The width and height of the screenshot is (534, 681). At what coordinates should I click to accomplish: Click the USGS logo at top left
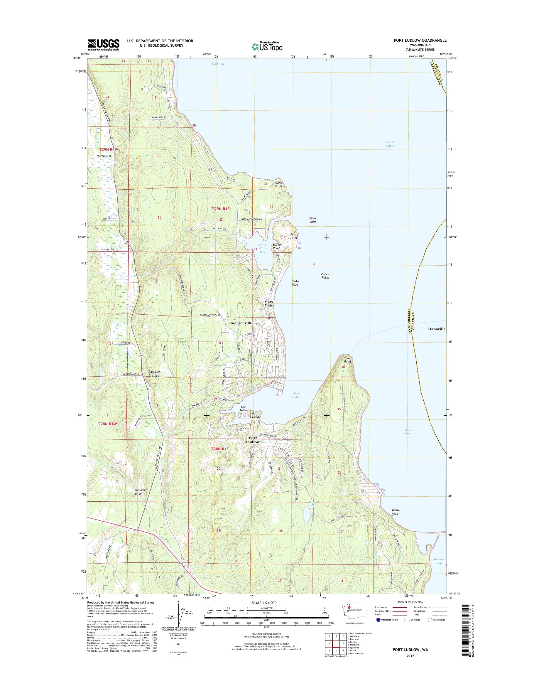tap(103, 45)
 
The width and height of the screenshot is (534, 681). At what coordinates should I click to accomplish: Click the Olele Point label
tap(278, 185)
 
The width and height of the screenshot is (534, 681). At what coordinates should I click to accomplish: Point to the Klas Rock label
tap(313, 220)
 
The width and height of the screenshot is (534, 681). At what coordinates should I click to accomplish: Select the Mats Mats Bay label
tap(262, 248)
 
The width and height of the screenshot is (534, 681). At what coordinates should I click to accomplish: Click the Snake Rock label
tap(295, 283)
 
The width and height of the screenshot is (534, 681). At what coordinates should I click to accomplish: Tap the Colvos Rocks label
tap(325, 276)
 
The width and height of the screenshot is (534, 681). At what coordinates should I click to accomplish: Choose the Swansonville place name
tap(240, 323)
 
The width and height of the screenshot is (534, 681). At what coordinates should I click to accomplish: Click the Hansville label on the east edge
tap(437, 329)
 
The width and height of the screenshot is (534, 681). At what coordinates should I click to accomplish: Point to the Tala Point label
tap(347, 360)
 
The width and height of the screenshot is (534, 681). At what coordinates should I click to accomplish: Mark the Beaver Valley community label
tap(154, 373)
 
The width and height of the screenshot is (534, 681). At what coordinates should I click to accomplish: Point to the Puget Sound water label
tap(390, 144)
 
